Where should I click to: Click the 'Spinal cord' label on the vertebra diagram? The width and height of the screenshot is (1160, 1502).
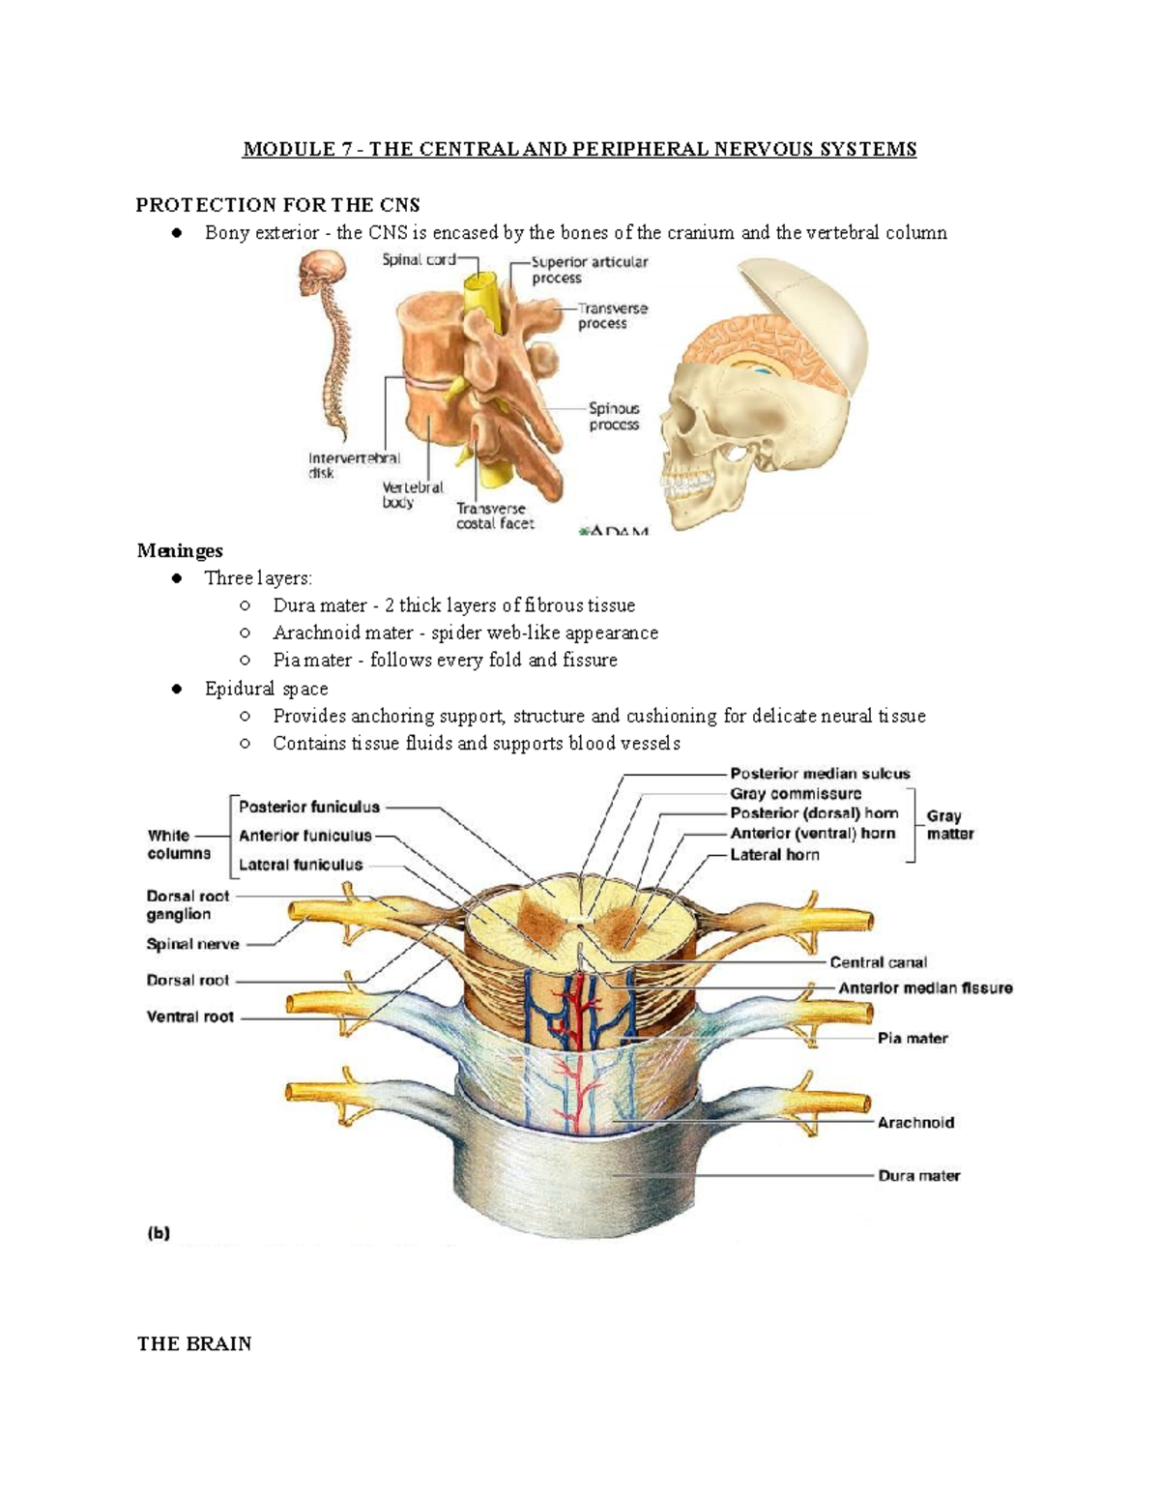click(417, 259)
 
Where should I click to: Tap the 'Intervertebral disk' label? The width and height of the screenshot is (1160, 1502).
click(353, 465)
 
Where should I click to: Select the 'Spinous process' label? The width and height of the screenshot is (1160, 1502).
click(614, 416)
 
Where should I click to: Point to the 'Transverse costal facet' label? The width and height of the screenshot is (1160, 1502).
click(495, 515)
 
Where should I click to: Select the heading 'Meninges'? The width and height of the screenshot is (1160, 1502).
click(180, 550)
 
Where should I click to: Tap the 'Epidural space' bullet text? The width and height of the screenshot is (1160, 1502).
click(266, 689)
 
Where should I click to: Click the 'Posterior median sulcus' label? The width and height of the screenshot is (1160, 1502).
click(820, 774)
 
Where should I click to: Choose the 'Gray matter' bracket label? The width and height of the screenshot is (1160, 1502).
click(949, 825)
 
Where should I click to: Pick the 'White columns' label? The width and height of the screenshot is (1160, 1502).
click(178, 844)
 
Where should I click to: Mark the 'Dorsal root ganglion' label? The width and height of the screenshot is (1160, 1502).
click(188, 905)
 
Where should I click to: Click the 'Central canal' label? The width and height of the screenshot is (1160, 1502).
click(878, 962)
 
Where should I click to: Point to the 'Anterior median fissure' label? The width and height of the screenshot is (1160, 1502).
click(925, 987)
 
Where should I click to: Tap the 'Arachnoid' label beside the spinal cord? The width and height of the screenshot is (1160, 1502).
click(915, 1123)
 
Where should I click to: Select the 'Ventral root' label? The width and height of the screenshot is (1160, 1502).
click(189, 1016)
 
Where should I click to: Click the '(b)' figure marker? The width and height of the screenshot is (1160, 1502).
click(159, 1233)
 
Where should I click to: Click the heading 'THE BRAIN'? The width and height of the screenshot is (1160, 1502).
click(194, 1343)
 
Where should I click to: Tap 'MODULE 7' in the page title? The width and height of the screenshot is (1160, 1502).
click(297, 149)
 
